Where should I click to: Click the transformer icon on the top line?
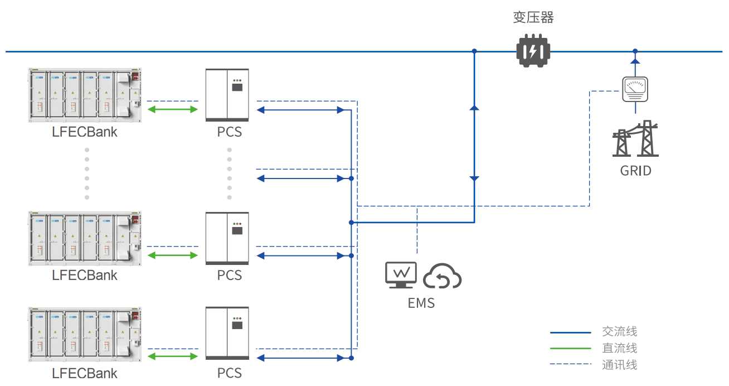533,51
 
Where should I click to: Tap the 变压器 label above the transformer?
533,18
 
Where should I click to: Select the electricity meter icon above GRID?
635,89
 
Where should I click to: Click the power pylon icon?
635,139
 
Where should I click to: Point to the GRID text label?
635,170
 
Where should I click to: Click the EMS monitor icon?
401,275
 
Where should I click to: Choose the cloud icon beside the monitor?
443,276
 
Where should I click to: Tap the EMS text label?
421,303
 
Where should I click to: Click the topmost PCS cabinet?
227,95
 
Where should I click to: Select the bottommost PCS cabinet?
227,333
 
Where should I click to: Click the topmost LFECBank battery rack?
85,95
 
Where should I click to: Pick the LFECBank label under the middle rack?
85,275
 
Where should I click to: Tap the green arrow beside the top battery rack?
172,109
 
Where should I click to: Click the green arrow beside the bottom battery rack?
172,357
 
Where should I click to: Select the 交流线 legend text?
619,332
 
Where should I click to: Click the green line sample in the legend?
570,349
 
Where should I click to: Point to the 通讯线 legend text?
619,365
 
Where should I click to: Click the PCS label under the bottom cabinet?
230,373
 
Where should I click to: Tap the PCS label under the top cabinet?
230,133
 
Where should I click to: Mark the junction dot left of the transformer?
474,51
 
